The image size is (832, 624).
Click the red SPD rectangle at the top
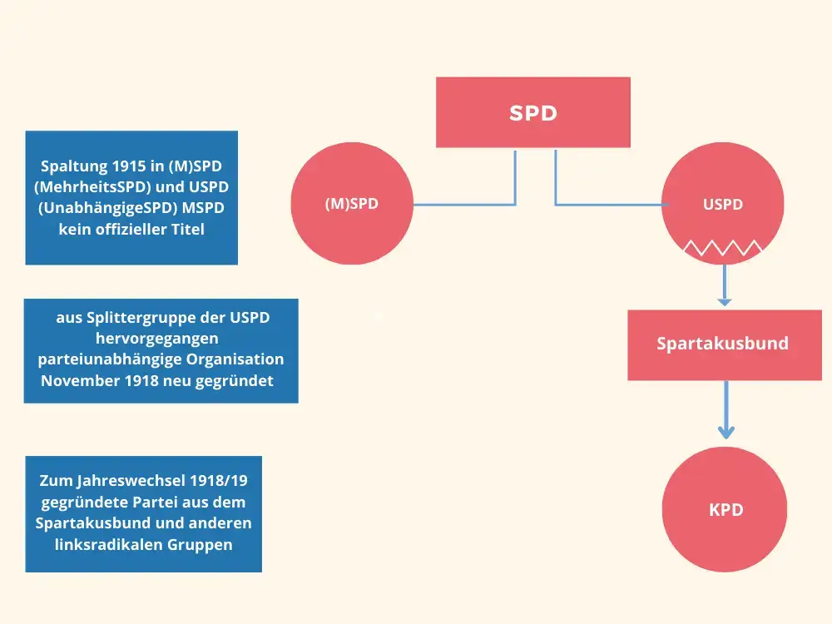[533, 112]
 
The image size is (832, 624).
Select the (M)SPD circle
[352, 203]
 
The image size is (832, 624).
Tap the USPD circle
[723, 203]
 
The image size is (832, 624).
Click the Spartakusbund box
[725, 345]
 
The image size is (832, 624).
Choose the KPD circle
[725, 509]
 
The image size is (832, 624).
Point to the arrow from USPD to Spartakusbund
[725, 285]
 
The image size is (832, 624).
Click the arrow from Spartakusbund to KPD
[726, 409]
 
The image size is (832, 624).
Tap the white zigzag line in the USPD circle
[723, 247]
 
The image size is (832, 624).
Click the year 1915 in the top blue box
[128, 166]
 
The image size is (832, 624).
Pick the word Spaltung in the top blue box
[74, 166]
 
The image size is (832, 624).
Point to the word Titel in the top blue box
[187, 230]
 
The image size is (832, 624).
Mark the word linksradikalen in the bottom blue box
[108, 544]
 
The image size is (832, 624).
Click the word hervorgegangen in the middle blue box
[157, 339]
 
